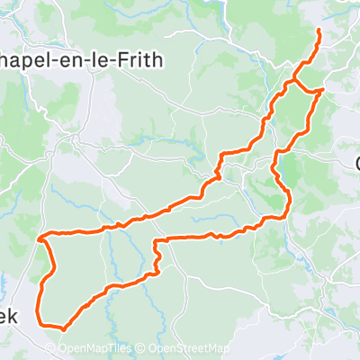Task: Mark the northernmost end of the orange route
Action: click(x=319, y=31)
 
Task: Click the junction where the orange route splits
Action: click(x=289, y=83)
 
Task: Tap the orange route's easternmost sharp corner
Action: click(x=322, y=90)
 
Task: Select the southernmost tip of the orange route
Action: click(x=63, y=330)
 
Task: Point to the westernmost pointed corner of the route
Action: click(x=39, y=239)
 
